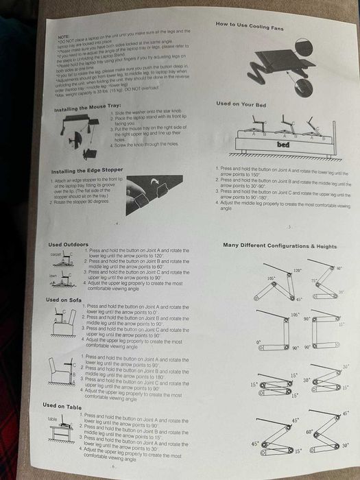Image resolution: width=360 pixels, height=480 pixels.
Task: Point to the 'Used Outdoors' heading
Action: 69,244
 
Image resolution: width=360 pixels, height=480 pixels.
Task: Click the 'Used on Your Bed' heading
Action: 241,104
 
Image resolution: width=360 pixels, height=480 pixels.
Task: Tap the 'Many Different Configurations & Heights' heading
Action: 279,245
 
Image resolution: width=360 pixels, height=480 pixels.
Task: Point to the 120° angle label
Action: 297,272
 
